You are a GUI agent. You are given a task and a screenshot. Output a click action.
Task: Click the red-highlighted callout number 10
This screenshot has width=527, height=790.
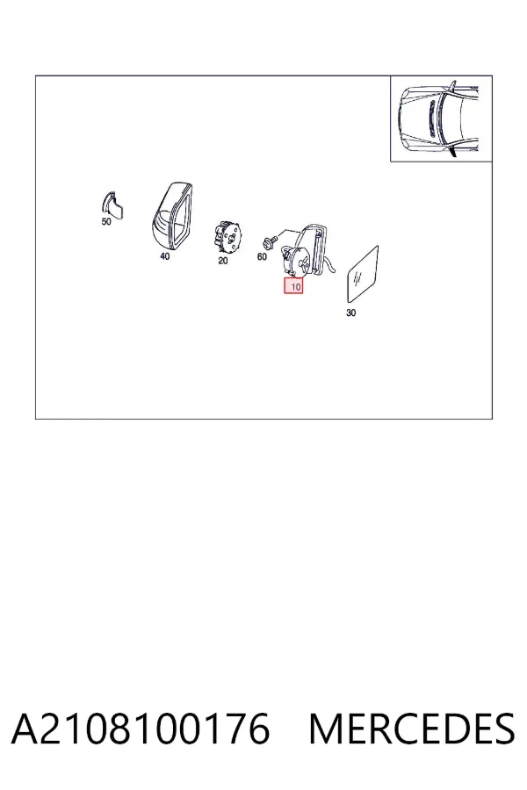point(293,286)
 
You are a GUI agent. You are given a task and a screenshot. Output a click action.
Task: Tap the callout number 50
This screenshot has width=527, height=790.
point(106,222)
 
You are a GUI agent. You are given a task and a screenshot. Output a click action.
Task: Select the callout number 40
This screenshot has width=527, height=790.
point(165,256)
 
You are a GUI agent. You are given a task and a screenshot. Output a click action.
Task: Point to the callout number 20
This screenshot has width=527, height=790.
point(223,261)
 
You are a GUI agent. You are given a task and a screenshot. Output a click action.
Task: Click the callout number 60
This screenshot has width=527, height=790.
point(262,256)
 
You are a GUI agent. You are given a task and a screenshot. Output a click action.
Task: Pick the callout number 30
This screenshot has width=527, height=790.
point(351,312)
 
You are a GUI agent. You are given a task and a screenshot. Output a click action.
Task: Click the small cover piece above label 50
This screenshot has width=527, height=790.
point(114,205)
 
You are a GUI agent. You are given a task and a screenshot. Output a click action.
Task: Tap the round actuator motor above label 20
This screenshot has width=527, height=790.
point(228,238)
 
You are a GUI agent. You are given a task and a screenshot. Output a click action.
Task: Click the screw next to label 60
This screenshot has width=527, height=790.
point(271,242)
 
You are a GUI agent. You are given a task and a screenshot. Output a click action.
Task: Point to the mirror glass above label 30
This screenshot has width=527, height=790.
point(363,275)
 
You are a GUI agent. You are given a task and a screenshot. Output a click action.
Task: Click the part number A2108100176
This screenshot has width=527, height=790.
point(141,729)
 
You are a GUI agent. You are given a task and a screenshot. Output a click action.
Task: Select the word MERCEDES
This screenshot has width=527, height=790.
point(412,729)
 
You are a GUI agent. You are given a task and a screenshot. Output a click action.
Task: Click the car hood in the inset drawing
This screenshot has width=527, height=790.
point(416,119)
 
